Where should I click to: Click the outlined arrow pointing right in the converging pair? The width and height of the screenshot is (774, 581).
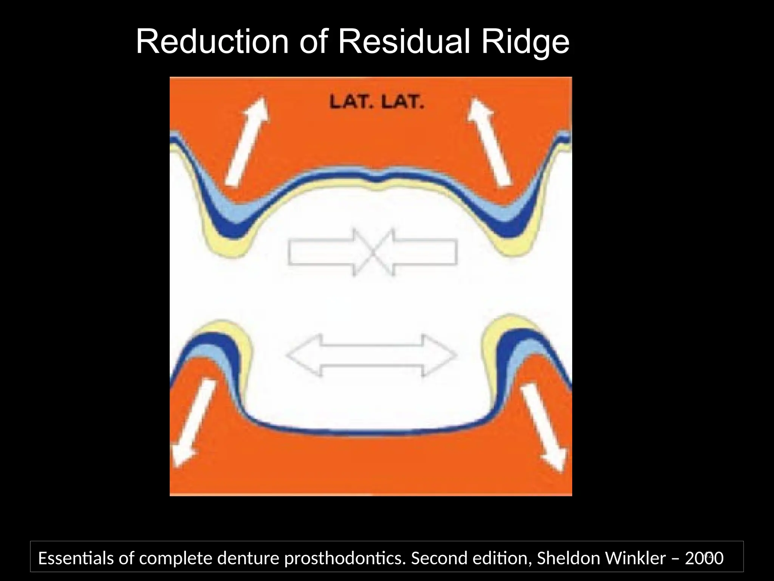tap(325, 252)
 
